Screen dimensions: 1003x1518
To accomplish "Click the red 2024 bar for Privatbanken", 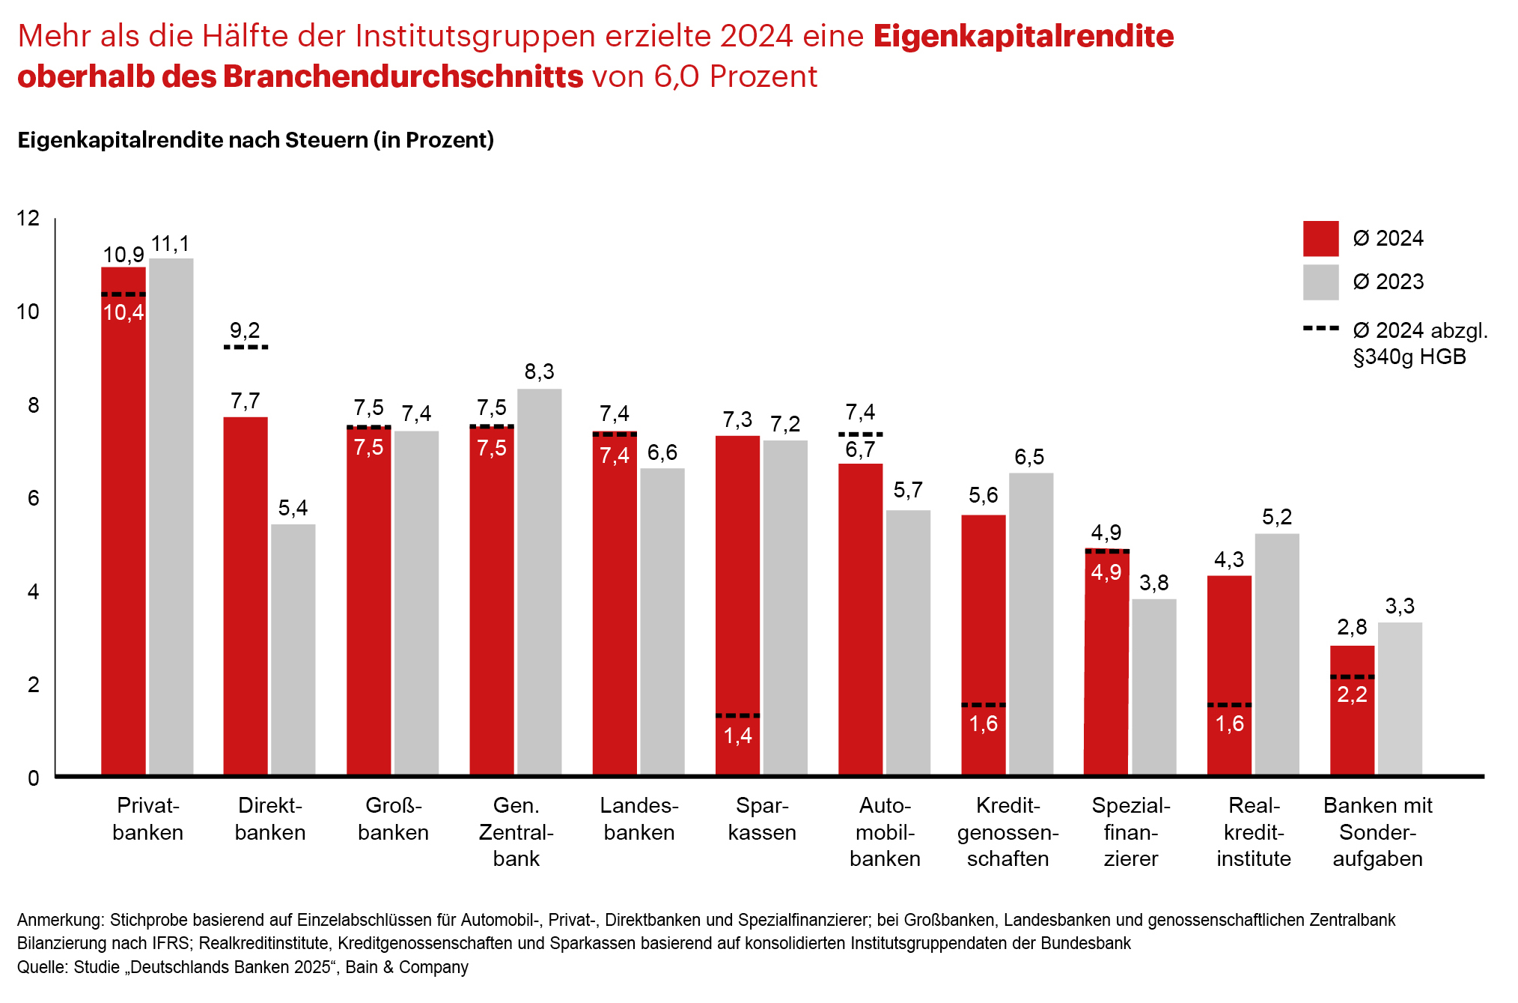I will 124,524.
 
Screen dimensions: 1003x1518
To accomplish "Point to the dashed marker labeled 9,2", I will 246,347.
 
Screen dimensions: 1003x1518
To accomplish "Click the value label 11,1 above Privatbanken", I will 171,244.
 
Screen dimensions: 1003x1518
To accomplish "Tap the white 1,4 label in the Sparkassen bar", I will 737,736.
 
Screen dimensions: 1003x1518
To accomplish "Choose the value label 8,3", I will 539,372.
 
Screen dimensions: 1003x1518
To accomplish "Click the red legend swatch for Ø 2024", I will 1320,239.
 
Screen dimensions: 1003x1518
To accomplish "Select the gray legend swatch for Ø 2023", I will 1320,282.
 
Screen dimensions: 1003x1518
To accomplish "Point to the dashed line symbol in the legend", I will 1320,329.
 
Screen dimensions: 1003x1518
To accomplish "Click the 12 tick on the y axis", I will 28,218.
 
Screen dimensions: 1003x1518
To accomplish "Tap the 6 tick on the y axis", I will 33,498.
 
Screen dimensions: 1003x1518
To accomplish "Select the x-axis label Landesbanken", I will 639,819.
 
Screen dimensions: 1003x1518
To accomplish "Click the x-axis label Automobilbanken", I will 885,831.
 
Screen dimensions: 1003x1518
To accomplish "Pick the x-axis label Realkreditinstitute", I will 1254,831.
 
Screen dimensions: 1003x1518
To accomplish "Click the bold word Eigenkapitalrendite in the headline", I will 1023,36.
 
